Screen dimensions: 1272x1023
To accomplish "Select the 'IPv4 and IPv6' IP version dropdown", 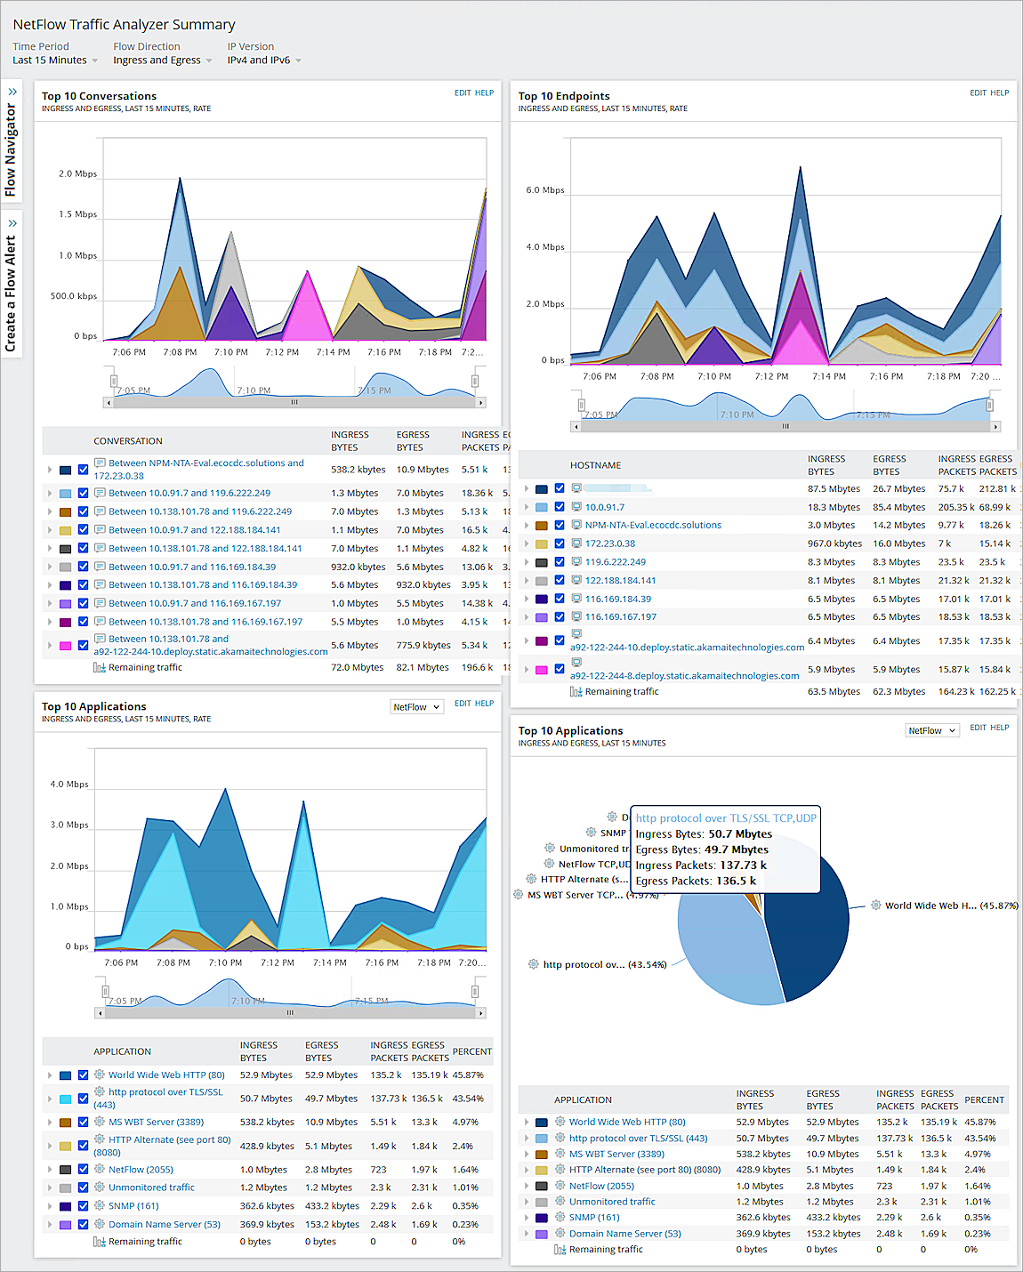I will coord(263,60).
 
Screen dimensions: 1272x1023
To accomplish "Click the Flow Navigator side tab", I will coord(11,142).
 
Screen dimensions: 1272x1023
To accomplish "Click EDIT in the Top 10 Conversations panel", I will coord(463,93).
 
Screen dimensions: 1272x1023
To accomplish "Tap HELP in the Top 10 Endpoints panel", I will coord(1000,93).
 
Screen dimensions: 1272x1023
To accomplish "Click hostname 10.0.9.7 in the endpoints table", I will coord(605,507).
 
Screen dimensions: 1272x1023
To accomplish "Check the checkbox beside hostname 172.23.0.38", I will coord(560,543).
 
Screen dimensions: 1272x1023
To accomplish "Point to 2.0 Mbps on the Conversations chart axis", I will coord(78,174).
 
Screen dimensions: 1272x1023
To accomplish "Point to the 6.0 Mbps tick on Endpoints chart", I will coord(545,190).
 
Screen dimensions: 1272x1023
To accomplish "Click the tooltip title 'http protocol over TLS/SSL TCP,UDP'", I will coord(725,818).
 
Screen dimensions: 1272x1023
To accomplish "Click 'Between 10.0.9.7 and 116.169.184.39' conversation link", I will coord(192,567).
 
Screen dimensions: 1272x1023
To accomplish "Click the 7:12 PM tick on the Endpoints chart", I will coord(771,376).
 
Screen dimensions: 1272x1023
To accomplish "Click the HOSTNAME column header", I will coord(595,465).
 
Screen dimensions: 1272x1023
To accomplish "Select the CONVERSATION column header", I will coord(128,441).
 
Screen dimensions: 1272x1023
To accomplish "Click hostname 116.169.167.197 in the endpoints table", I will coord(621,616).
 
